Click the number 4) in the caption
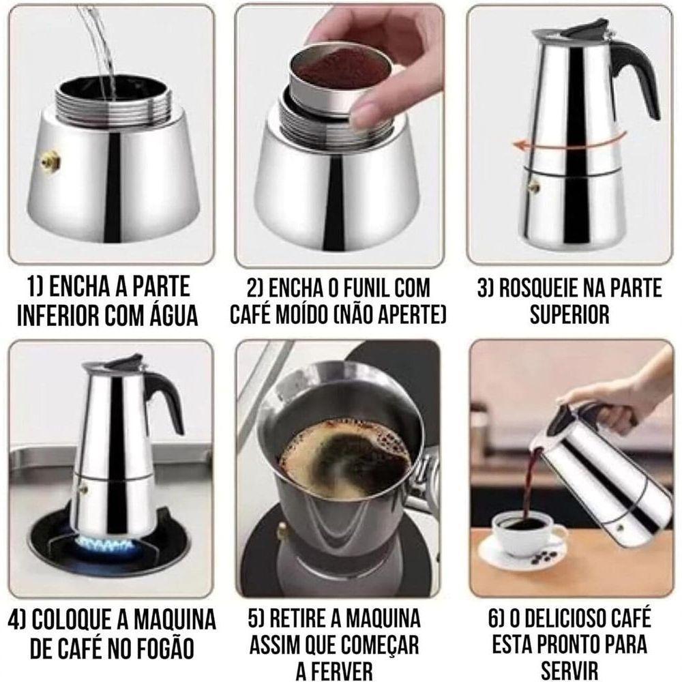click(x=18, y=620)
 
